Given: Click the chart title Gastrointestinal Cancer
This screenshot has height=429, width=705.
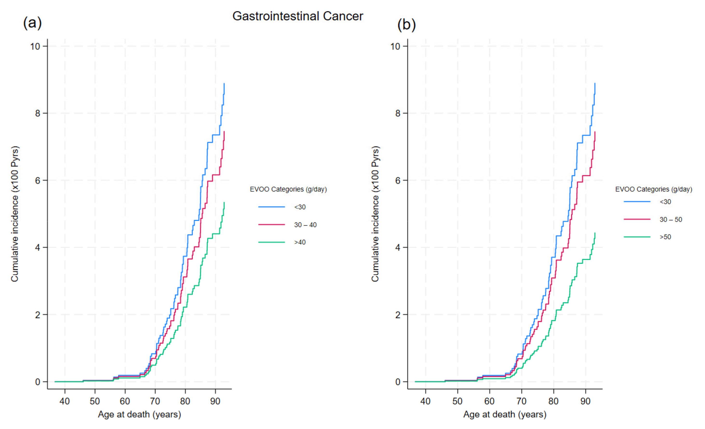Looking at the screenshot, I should click(x=298, y=16).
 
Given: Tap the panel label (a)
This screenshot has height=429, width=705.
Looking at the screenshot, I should click(x=32, y=23).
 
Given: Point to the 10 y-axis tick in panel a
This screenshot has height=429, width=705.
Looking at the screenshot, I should click(x=35, y=46).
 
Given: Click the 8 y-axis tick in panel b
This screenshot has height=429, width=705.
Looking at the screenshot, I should click(x=398, y=113).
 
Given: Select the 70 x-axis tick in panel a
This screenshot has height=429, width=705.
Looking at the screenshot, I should click(x=155, y=401).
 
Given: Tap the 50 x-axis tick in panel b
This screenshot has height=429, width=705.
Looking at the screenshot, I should click(x=457, y=401).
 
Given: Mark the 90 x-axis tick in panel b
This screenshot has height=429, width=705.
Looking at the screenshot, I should click(x=585, y=401).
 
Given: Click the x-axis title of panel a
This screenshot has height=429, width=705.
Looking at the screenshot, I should click(x=139, y=414).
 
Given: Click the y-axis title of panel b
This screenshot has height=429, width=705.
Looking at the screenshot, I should click(x=375, y=214).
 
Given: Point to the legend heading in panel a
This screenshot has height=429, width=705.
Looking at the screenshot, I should click(x=288, y=189).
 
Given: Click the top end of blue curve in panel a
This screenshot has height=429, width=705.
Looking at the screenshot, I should click(x=224, y=84).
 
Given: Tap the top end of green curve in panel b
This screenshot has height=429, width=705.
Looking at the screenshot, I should click(x=595, y=233).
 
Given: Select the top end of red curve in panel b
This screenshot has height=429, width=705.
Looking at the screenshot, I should click(x=595, y=132).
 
